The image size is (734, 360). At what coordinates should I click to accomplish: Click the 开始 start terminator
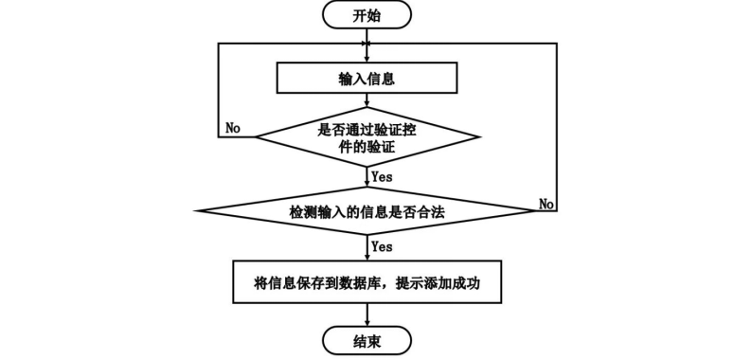[x=367, y=15]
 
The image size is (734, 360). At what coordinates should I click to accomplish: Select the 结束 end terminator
[x=367, y=339]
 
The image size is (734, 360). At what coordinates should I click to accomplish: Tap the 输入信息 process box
[x=367, y=79]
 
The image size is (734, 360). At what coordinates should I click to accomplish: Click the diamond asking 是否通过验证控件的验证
[x=367, y=137]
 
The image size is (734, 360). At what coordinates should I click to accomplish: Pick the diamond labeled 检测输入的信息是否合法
[x=367, y=212]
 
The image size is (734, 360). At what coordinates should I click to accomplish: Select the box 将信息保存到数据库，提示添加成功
[x=367, y=282]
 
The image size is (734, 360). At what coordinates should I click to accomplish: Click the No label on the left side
[x=233, y=126]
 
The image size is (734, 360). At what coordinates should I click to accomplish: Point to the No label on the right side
[x=546, y=204]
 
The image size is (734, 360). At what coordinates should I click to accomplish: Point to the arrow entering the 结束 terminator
[x=367, y=315]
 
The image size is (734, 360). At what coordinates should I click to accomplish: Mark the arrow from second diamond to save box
[x=367, y=248]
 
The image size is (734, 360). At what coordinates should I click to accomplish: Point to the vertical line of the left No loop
[x=220, y=90]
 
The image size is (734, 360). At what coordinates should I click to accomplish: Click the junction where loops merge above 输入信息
[x=367, y=44]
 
